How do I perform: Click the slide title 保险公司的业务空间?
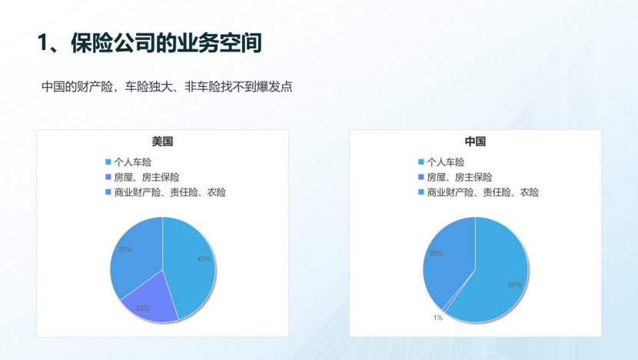coord(165,43)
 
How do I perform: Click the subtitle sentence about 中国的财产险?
coord(167,87)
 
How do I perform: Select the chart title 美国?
coord(162,142)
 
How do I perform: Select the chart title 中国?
coord(475,142)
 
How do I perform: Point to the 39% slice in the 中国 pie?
coord(446,258)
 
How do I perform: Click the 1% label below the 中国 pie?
coord(437,317)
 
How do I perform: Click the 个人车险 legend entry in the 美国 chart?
coord(132,162)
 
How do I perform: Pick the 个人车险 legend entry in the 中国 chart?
coord(445,162)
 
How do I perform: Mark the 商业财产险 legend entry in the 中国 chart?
coord(483,192)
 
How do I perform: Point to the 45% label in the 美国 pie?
coord(204,259)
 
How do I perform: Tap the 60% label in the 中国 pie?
coord(514,285)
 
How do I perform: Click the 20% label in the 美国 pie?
coord(142,308)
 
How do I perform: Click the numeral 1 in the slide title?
coord(43,44)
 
